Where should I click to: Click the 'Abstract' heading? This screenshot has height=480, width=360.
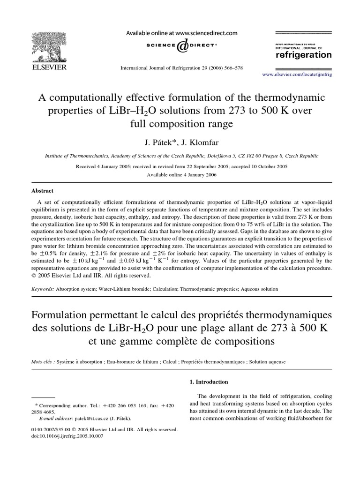coord(42,191)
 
